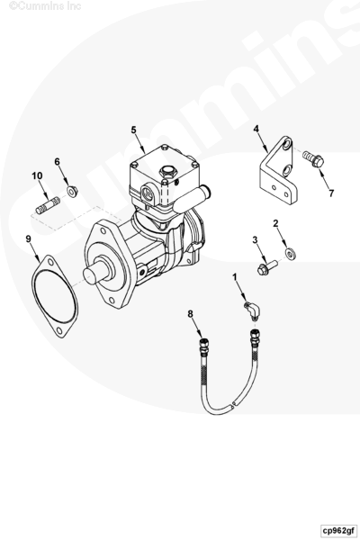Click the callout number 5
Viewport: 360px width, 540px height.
click(134, 130)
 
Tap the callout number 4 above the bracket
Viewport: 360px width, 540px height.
click(256, 129)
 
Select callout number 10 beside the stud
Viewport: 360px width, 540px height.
click(37, 176)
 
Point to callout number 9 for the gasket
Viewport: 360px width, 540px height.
click(28, 238)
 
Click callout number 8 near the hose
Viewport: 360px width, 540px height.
click(191, 314)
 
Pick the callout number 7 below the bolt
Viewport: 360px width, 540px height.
click(331, 193)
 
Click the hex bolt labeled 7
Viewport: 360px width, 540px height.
click(313, 158)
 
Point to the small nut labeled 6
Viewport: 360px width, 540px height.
click(72, 191)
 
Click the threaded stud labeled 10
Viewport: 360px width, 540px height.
click(48, 204)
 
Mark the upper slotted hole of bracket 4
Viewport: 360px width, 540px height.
click(286, 145)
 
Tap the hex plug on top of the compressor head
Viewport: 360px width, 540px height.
click(166, 171)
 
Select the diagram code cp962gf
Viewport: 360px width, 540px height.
click(338, 530)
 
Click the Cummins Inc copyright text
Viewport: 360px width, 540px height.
click(45, 6)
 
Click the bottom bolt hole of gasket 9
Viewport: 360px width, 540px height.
click(60, 330)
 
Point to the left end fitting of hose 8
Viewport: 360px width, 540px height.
click(202, 345)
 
